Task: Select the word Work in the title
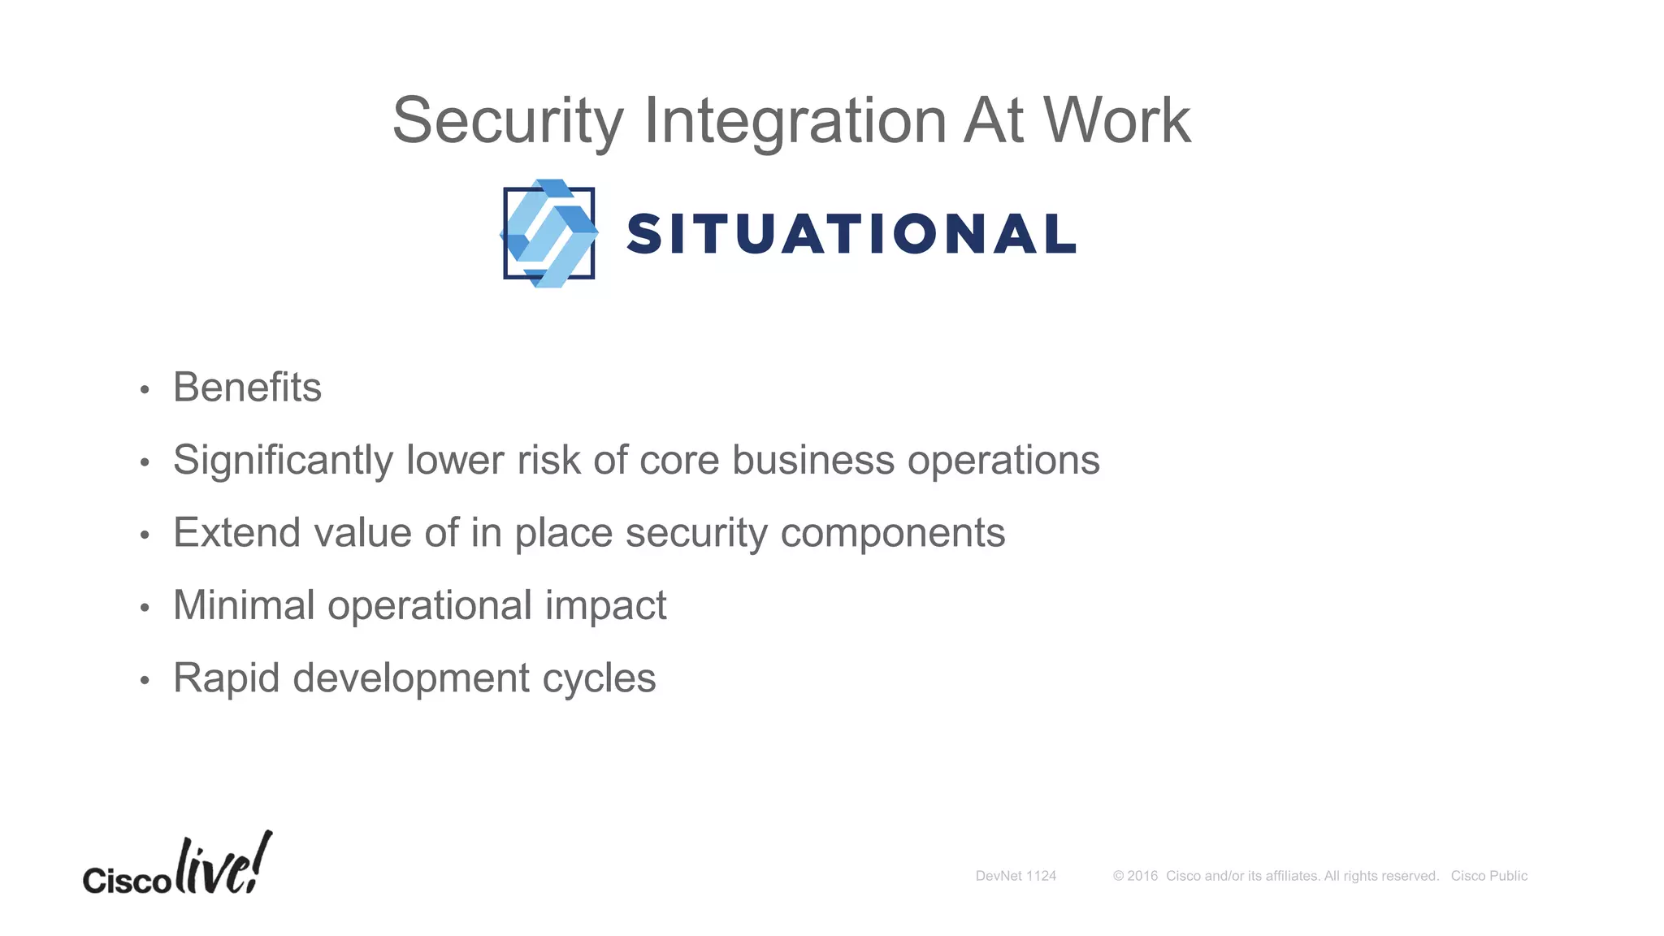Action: [1116, 120]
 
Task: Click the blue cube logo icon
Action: [549, 233]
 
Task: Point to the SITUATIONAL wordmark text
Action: [851, 234]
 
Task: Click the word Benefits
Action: [247, 388]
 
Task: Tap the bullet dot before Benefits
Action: [145, 390]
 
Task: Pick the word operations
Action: [1003, 461]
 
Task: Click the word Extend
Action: [236, 533]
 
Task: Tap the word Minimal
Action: [244, 605]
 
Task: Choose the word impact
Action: [605, 606]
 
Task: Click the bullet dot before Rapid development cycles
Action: [145, 680]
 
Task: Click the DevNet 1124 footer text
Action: [1016, 876]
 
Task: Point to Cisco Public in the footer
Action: [1488, 876]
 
